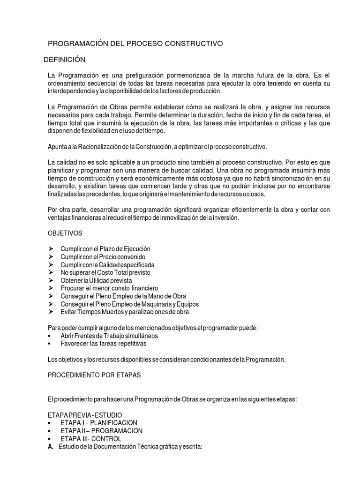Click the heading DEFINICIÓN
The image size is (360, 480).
tap(64, 60)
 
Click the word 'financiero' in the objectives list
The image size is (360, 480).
tap(142, 288)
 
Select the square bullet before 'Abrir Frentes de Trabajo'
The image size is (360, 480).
tap(50, 336)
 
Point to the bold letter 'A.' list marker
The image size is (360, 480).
tap(51, 447)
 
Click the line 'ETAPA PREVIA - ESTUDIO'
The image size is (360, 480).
tap(85, 415)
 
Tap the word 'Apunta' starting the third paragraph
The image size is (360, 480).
tap(57, 147)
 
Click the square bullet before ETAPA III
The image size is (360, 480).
tap(50, 439)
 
